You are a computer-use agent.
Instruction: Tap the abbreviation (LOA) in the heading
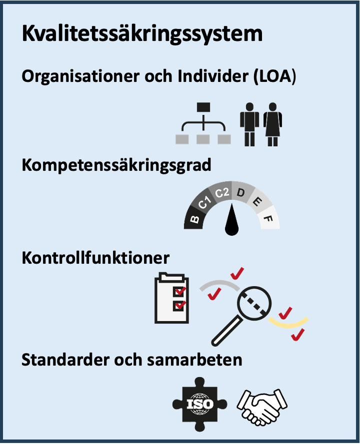[274, 76]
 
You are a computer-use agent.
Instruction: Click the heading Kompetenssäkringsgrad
[116, 165]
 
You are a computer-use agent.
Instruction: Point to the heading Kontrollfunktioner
[95, 258]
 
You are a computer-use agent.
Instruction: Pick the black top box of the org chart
[203, 107]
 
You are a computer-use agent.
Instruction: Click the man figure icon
[249, 124]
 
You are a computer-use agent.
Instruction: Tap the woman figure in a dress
[272, 124]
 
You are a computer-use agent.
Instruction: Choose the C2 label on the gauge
[222, 193]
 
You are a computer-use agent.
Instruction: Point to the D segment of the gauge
[241, 193]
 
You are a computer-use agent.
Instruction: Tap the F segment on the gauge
[268, 219]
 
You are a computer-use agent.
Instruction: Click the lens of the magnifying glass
[254, 303]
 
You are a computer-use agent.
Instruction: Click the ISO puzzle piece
[200, 404]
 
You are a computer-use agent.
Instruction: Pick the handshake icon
[262, 407]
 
